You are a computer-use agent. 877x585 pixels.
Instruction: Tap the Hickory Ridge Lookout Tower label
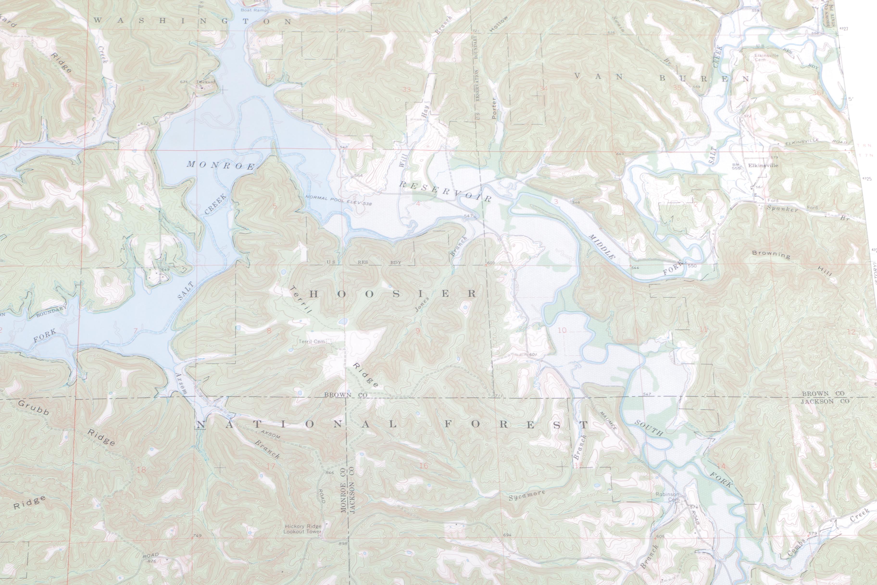302,529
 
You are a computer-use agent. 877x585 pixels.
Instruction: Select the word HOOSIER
393,294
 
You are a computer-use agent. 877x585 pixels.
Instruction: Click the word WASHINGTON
192,21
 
